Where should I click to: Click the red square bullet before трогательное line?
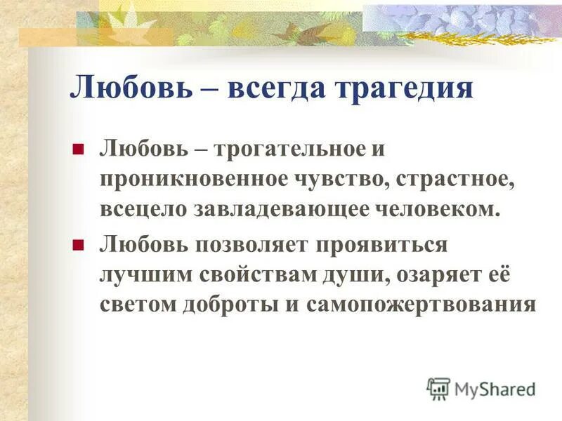point(79,149)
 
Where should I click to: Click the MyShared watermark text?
point(495,389)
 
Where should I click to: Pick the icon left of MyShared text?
point(438,388)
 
